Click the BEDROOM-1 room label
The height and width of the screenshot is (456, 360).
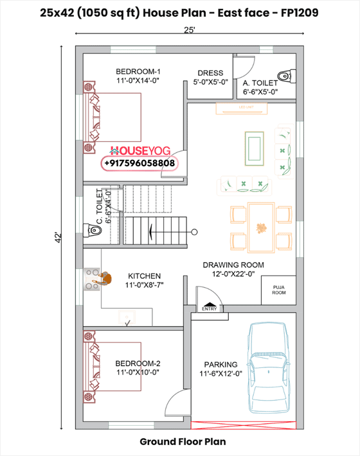point(138,71)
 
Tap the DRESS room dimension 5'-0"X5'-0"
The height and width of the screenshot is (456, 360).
point(210,82)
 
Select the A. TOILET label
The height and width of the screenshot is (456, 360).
point(260,83)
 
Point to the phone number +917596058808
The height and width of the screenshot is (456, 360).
point(138,164)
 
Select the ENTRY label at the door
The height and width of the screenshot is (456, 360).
point(210,309)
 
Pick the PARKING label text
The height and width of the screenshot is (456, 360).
point(221,364)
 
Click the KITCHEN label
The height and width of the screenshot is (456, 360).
point(144,276)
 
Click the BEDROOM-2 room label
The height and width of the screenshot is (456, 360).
point(138,362)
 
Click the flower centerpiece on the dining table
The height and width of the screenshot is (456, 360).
point(262,227)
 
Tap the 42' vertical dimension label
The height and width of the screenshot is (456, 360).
point(57,237)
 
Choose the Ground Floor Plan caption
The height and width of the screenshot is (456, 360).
point(182,442)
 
